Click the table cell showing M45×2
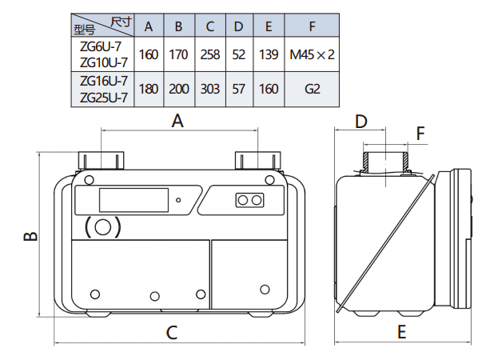pos(312,54)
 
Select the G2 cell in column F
pos(312,89)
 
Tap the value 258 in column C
pos(210,54)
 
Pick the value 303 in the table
pos(210,89)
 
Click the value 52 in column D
pos(238,54)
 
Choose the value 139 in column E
pos(269,54)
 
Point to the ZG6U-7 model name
pos(101,46)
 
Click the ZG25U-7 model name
pos(104,98)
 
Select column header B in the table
pos(178,26)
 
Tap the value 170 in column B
pos(178,54)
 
